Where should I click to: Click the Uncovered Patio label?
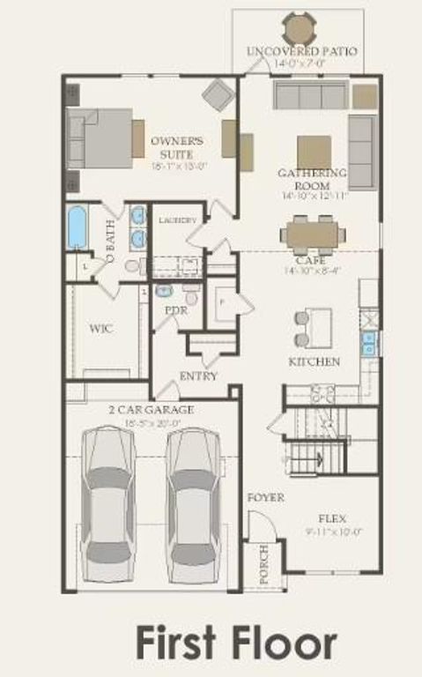303,51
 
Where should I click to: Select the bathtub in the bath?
78,227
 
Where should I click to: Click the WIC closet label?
101,329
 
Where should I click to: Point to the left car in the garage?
108,502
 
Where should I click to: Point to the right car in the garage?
193,502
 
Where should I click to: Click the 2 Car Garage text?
152,410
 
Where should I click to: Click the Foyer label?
265,498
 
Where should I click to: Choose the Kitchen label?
315,362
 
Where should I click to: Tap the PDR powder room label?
176,310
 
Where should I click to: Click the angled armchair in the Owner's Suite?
218,93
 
